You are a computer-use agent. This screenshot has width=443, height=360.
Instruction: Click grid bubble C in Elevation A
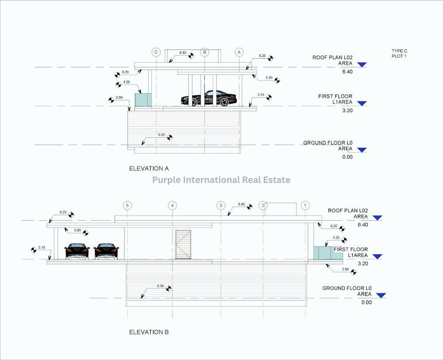[x=156, y=52]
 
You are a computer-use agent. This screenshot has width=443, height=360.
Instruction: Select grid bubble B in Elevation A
[x=204, y=52]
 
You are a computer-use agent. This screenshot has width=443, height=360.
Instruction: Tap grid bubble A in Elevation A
[x=239, y=52]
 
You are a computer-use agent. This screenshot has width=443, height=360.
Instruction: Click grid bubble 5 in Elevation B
[x=128, y=205]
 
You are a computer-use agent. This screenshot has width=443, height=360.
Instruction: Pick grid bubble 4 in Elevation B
[x=173, y=205]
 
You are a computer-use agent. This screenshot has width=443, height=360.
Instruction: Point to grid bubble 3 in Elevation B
[x=220, y=205]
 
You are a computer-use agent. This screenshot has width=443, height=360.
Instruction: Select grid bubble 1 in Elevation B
[x=305, y=205]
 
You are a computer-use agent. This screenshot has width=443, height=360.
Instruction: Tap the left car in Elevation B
[x=77, y=251]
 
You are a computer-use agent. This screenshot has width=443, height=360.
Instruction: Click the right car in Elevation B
[x=106, y=251]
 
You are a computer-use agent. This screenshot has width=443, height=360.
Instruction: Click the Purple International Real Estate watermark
[x=221, y=180]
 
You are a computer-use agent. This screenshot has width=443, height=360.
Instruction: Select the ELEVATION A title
[x=149, y=168]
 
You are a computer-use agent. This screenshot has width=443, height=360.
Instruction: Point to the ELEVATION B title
[x=149, y=332]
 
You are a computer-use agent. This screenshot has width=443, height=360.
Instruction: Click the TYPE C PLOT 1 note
[x=399, y=54]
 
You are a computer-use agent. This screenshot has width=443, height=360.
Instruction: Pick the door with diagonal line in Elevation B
[x=183, y=244]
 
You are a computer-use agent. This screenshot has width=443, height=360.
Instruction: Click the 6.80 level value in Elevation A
[x=183, y=53]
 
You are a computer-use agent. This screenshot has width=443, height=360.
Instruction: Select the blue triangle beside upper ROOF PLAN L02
[x=362, y=65]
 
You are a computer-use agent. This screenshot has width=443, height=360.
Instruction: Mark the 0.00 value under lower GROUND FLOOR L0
[x=366, y=302]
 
